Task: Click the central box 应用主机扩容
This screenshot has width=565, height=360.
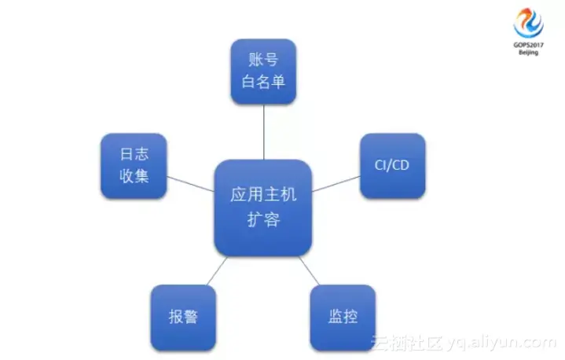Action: (x=263, y=208)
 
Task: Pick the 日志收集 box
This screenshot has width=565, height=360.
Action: (x=134, y=166)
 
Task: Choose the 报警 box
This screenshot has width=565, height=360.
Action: (x=182, y=317)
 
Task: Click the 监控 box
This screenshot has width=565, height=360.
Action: (x=343, y=317)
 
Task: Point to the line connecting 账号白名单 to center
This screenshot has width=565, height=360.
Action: (x=263, y=132)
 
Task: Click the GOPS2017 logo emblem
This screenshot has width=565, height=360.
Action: (x=527, y=23)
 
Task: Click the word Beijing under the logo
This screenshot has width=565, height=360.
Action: (x=527, y=53)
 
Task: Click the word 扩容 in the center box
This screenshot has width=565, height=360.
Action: (x=263, y=220)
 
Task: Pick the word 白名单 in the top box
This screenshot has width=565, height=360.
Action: (x=263, y=82)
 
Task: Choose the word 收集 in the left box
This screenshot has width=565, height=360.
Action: (x=134, y=176)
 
